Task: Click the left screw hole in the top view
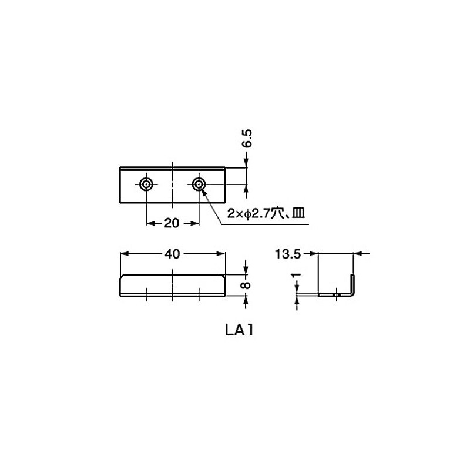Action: (x=146, y=185)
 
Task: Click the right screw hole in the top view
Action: (x=199, y=185)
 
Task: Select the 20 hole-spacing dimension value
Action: (x=172, y=223)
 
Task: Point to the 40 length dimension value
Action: (x=172, y=254)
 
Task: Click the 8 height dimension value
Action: (x=247, y=285)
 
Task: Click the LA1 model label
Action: (x=237, y=330)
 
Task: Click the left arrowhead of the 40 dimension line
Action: (x=123, y=254)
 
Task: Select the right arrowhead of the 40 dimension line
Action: (x=222, y=254)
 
